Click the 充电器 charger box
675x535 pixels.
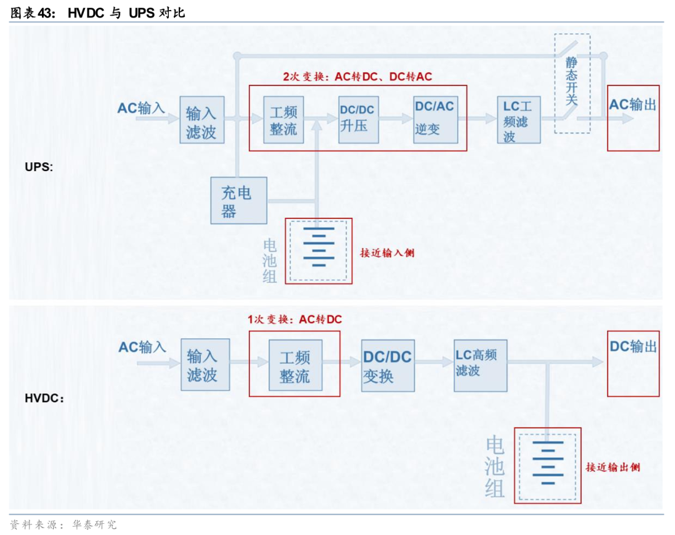(238, 200)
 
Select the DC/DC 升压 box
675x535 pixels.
(359, 119)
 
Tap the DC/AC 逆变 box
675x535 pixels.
(435, 119)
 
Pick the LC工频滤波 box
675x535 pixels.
(519, 120)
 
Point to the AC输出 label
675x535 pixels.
(632, 105)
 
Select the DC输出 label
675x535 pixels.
(633, 346)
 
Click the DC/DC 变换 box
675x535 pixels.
(387, 366)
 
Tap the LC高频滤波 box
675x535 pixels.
(480, 365)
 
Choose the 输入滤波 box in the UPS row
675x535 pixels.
(201, 120)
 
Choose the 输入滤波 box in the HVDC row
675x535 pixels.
(205, 365)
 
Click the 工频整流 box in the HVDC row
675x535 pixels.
(295, 366)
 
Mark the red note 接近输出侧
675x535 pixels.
(612, 467)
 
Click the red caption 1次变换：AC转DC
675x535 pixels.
(295, 320)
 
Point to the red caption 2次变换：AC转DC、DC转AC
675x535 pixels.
(357, 77)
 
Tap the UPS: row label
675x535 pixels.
(39, 167)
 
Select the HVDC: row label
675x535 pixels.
(44, 397)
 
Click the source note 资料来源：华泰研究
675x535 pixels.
(63, 524)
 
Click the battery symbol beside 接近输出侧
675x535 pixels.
(547, 465)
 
